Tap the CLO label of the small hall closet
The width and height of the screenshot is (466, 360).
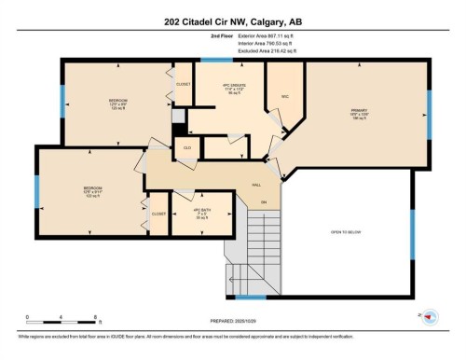pos(187,148)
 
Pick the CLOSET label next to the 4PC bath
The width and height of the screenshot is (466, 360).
pos(158,213)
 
